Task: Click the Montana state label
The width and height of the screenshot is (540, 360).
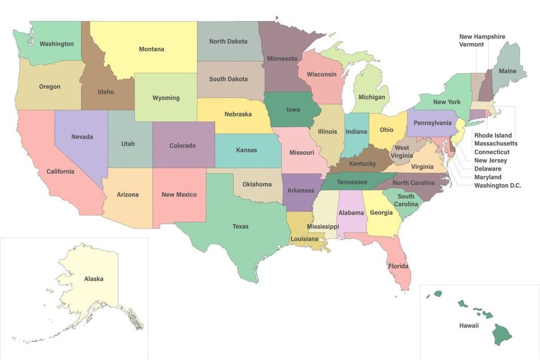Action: (151, 49)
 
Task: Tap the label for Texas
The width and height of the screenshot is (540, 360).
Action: (240, 227)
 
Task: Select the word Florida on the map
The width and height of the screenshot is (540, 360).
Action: (398, 266)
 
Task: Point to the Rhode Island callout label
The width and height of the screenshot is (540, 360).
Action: (493, 135)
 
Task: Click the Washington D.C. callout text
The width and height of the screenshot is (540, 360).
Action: (498, 186)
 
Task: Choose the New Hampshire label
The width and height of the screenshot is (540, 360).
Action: (482, 37)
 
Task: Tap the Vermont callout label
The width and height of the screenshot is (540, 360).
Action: (472, 45)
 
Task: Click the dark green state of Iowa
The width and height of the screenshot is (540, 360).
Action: (293, 109)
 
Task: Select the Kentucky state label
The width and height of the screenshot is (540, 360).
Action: (362, 164)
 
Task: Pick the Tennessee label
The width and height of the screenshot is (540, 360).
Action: (352, 182)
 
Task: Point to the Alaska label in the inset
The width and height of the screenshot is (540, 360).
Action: (94, 279)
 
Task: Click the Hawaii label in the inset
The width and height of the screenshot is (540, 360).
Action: (469, 326)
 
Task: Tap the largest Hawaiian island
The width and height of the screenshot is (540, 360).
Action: (503, 332)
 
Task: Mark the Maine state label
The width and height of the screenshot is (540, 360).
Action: (507, 71)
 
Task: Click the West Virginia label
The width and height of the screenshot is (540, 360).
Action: (402, 152)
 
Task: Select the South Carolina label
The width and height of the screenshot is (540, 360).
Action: (406, 200)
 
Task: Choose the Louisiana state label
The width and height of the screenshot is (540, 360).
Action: (305, 239)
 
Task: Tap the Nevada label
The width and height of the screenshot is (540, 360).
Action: (82, 137)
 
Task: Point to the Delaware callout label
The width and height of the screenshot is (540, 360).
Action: (488, 169)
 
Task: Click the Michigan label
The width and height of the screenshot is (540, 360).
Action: (371, 98)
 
